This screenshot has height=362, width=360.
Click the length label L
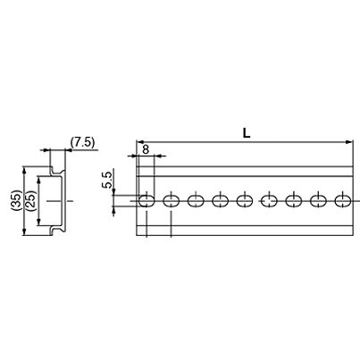click(x=247, y=133)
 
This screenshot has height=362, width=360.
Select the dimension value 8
click(x=146, y=149)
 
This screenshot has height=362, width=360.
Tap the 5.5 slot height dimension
click(x=107, y=179)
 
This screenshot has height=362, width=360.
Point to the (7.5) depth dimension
click(x=83, y=142)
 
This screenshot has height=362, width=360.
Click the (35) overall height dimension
click(x=17, y=201)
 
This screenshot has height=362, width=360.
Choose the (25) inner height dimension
click(x=31, y=201)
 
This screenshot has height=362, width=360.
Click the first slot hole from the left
click(x=147, y=201)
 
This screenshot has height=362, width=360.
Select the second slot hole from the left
click(x=172, y=201)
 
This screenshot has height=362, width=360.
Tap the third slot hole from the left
click(x=196, y=201)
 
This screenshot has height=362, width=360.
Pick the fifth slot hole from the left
click(x=245, y=201)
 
